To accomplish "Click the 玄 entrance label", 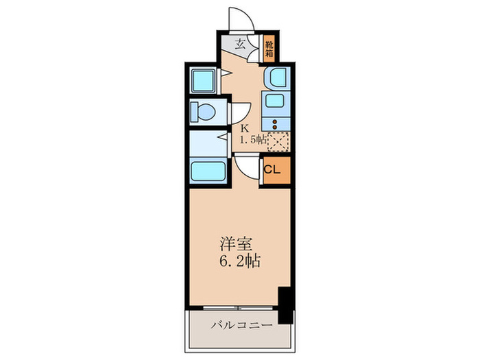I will pyautogui.click(x=240, y=45).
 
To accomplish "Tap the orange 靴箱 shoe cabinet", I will pyautogui.click(x=269, y=47).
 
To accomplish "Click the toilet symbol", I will pyautogui.click(x=204, y=110).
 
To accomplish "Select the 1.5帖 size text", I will pyautogui.click(x=252, y=141).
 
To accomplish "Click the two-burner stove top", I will pyautogui.click(x=276, y=124).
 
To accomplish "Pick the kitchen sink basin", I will pyautogui.click(x=276, y=104).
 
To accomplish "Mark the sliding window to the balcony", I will pyautogui.click(x=233, y=307).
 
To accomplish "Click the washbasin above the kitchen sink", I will pyautogui.click(x=276, y=78).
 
